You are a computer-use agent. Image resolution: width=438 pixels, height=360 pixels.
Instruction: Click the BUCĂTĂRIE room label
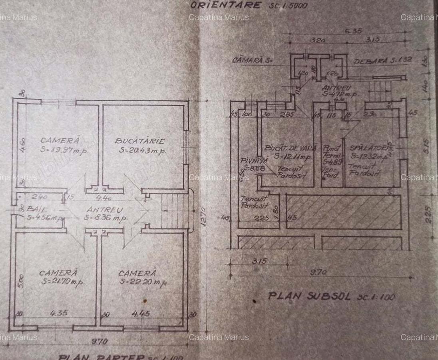[x=139, y=141]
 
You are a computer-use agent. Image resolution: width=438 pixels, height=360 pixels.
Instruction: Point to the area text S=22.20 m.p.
[x=142, y=282]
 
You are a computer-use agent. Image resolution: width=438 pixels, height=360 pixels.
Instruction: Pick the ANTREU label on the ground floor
[x=105, y=210]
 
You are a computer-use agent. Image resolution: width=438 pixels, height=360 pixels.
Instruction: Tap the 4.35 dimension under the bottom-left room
[x=56, y=314]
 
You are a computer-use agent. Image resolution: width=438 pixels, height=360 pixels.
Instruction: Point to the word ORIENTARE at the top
[x=225, y=5]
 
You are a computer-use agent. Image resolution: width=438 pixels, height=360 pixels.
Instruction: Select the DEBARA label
[x=370, y=60]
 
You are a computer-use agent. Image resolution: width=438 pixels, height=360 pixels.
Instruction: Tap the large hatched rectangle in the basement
[x=344, y=212]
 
